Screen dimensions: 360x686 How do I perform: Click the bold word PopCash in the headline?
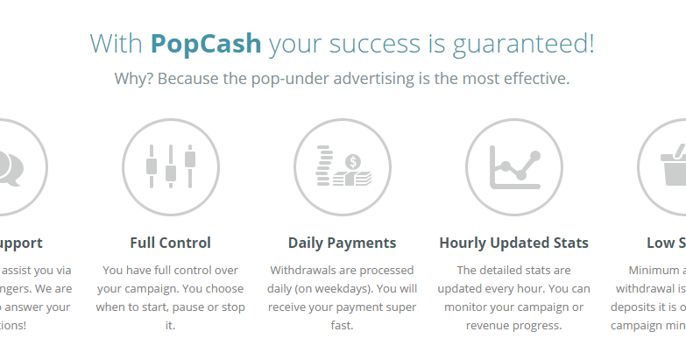tap(206, 43)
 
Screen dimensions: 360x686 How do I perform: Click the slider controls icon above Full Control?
tap(170, 166)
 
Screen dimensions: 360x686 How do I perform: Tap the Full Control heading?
tap(170, 243)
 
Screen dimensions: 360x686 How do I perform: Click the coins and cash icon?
tap(342, 166)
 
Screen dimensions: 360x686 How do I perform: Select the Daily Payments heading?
tap(342, 243)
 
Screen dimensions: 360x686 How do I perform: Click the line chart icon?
tap(513, 166)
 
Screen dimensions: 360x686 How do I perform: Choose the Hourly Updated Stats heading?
tap(513, 243)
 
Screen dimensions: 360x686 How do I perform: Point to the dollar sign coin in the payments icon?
tap(353, 161)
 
